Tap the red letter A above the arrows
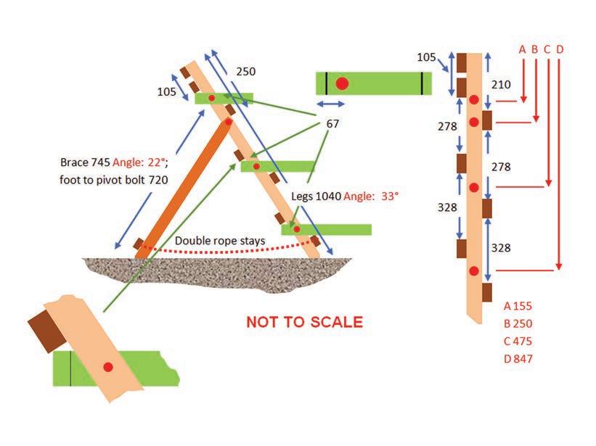coord(522,50)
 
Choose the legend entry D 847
coord(518,358)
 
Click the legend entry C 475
coord(518,341)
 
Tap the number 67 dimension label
coord(332,124)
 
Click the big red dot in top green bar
coord(343,83)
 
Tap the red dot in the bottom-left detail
coord(107,368)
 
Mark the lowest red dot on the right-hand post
coord(474,271)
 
